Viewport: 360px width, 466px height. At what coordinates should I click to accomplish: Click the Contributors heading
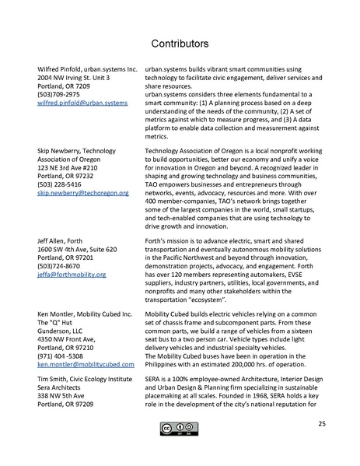[180, 40]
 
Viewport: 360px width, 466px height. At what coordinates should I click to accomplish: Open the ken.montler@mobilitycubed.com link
[86, 364]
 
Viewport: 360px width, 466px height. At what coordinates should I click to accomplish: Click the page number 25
[321, 424]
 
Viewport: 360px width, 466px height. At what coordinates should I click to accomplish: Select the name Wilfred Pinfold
[63, 69]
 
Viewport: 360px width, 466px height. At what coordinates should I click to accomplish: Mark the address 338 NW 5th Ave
[65, 395]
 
